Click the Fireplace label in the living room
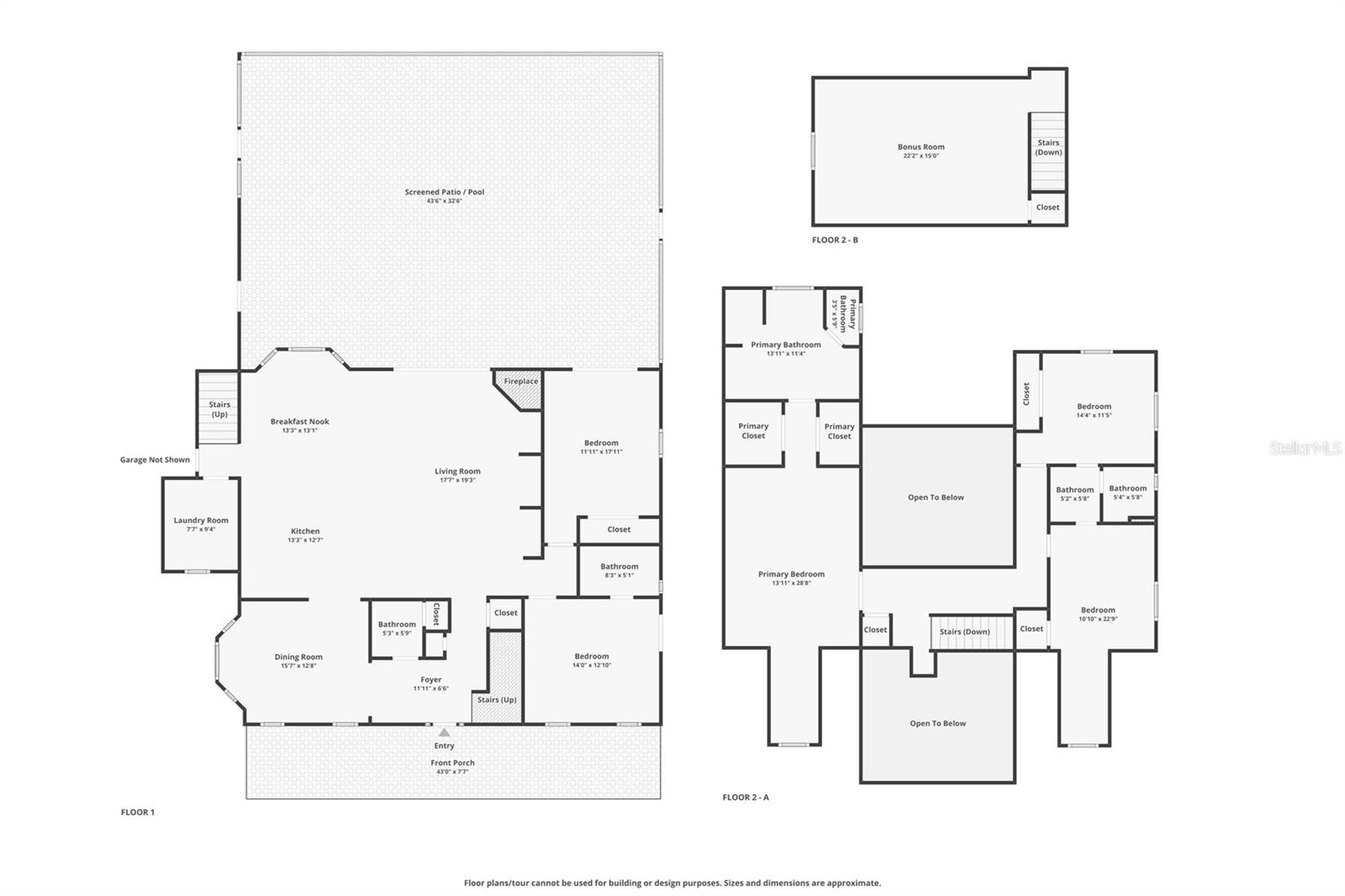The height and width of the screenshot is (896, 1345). tap(520, 382)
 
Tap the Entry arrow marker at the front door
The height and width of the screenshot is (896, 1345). tap(444, 733)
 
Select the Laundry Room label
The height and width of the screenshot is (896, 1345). tap(201, 520)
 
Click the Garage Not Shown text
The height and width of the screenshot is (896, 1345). tap(155, 460)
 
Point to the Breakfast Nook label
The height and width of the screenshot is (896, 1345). tap(299, 422)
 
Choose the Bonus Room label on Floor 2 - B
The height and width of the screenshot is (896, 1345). tap(920, 147)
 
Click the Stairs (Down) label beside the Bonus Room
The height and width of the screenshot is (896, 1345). tap(1048, 148)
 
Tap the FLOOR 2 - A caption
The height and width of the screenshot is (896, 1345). tap(746, 798)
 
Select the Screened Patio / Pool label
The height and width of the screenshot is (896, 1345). tap(444, 192)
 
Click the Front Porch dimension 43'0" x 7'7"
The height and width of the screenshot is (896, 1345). tap(452, 772)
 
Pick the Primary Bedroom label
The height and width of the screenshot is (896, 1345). tap(791, 575)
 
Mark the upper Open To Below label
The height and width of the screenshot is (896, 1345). tap(936, 498)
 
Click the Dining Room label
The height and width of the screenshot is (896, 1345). tap(298, 657)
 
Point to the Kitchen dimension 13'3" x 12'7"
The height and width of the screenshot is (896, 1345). tap(305, 540)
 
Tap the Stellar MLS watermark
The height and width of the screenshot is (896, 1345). tap(1305, 449)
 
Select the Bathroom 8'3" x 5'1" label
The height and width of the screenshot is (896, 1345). tap(619, 567)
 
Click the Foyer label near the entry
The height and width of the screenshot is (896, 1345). tap(430, 680)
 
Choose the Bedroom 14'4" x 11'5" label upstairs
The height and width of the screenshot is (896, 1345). tap(1094, 407)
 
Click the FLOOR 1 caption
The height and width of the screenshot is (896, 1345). tap(138, 813)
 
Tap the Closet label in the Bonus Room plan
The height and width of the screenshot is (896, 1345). tap(1047, 208)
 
